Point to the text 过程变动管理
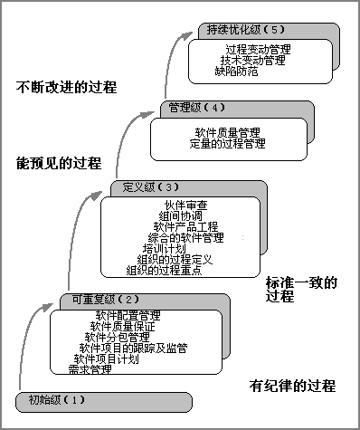click(x=259, y=48)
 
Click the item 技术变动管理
click(x=252, y=60)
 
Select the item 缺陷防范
click(x=236, y=71)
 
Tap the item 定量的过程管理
click(x=228, y=143)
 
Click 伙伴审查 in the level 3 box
click(x=186, y=204)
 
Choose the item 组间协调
click(x=180, y=215)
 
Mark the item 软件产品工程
click(x=186, y=226)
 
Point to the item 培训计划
click(x=164, y=248)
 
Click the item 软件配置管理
click(x=128, y=314)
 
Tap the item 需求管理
click(x=90, y=369)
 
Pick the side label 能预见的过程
click(x=58, y=164)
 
